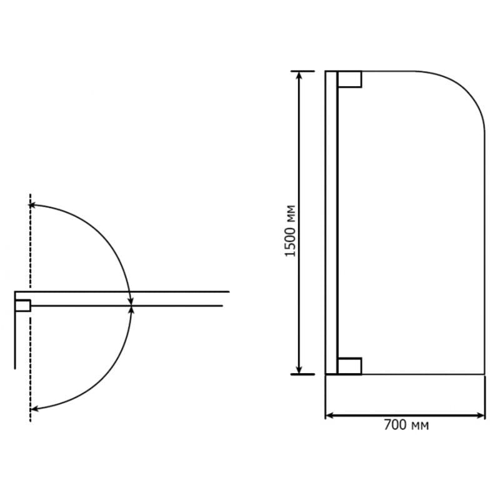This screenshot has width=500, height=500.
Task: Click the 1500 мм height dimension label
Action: [x=290, y=231]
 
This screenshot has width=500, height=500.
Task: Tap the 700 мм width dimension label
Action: [x=406, y=426]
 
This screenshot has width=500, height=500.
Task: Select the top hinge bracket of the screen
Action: [x=349, y=79]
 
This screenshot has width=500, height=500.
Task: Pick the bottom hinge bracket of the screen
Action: [x=349, y=366]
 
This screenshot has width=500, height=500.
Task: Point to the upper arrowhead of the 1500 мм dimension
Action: [x=299, y=75]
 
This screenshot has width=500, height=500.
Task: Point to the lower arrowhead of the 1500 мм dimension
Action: [x=299, y=370]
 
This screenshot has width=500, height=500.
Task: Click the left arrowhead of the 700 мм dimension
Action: [x=329, y=416]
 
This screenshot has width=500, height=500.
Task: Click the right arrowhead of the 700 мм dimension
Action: [x=480, y=416]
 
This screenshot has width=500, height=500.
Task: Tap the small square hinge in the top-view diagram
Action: [x=23, y=306]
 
